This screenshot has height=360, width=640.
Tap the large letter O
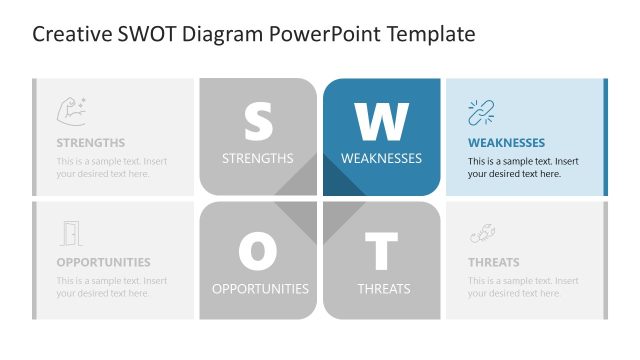click(258, 252)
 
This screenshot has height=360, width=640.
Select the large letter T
click(381, 252)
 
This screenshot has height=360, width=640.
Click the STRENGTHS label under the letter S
click(258, 158)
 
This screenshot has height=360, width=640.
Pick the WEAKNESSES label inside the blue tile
click(381, 158)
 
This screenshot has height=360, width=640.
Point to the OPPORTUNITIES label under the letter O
click(260, 289)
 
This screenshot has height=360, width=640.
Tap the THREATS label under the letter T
click(384, 289)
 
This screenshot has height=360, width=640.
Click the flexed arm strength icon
click(71, 110)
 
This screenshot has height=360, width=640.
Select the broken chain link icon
click(482, 112)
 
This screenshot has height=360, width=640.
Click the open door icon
click(70, 233)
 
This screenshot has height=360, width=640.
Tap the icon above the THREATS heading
click(483, 233)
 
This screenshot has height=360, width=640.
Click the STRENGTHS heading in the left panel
click(91, 143)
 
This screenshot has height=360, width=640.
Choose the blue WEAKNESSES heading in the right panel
click(506, 143)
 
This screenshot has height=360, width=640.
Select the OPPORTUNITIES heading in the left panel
click(103, 263)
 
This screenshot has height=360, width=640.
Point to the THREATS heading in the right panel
click(494, 263)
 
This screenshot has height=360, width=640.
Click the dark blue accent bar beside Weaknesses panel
click(604, 137)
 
